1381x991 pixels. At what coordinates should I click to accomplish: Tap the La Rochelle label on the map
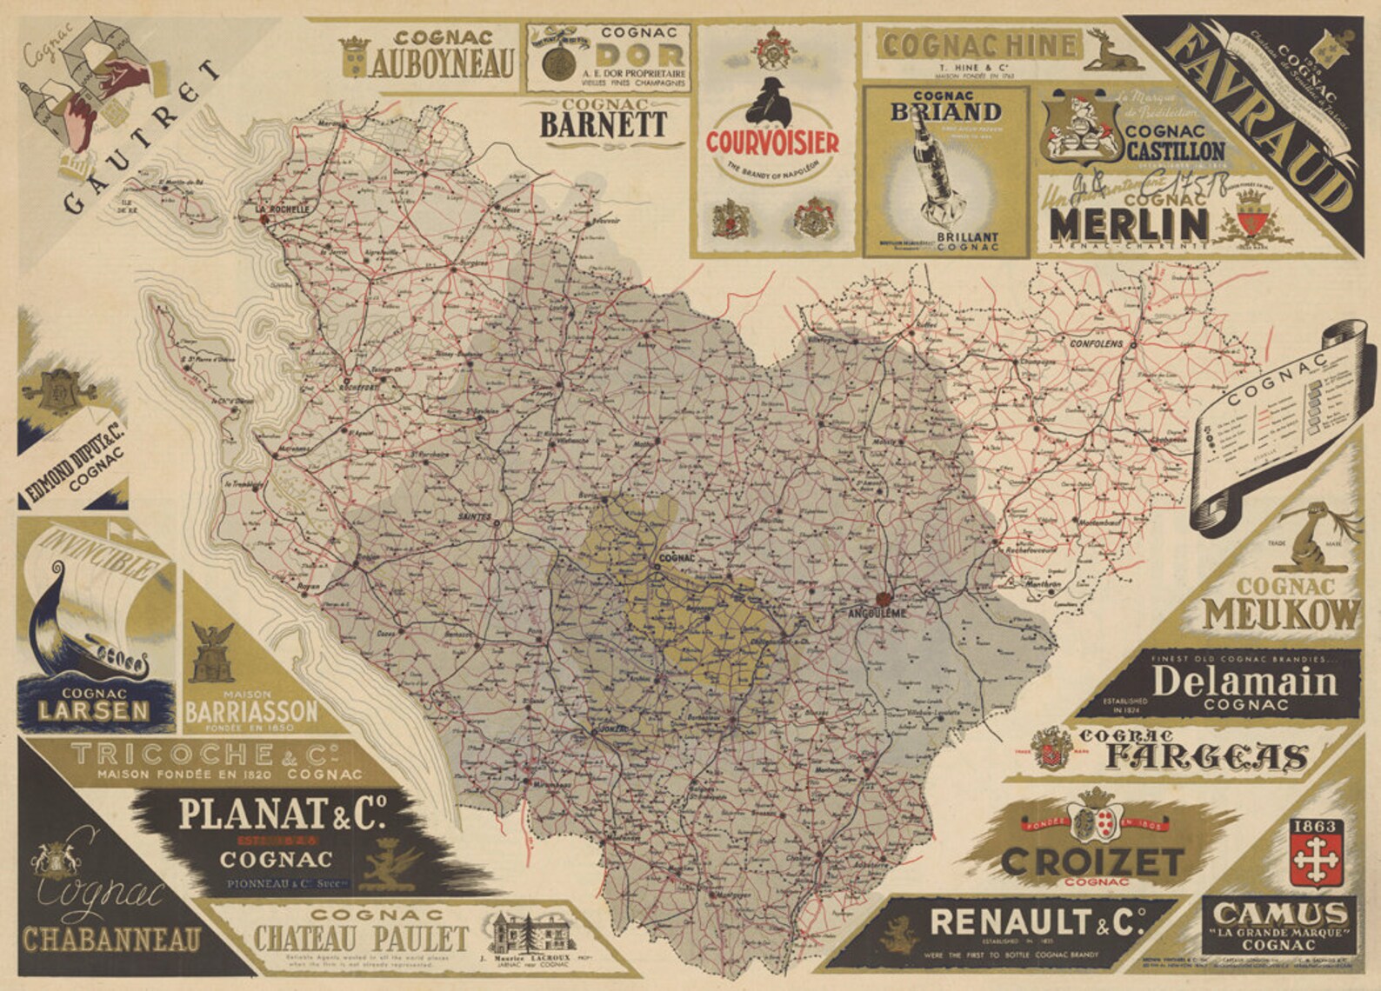click(281, 210)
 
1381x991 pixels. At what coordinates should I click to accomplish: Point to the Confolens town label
click(1096, 343)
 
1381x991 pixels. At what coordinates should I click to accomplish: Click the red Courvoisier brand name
click(771, 143)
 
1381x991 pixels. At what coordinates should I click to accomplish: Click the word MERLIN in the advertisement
click(1128, 223)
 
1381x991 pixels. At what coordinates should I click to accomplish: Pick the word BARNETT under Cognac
click(604, 124)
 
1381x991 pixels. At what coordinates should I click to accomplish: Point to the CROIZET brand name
click(1091, 862)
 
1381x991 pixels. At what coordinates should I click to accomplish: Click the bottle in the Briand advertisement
click(929, 174)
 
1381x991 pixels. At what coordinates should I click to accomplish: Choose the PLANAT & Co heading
click(282, 815)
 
